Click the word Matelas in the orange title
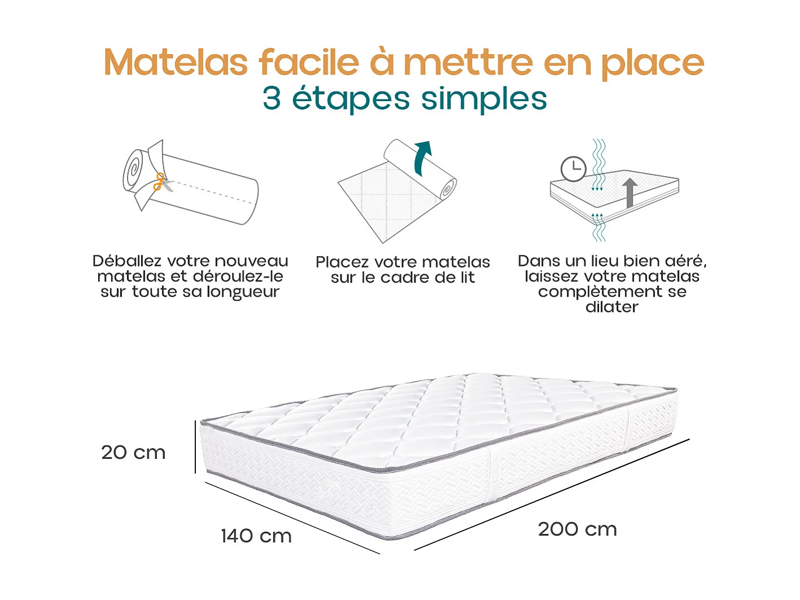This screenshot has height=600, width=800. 176,62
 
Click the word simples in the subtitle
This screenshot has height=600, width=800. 484,99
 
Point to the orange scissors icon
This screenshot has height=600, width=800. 160,181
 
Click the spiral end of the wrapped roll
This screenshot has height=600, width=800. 134,170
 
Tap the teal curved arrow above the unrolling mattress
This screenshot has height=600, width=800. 422,158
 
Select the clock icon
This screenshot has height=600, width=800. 573,168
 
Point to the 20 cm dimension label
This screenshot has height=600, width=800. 133,453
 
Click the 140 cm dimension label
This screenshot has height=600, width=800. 256,536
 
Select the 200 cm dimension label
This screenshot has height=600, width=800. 577,529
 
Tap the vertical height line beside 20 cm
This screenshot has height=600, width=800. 195,446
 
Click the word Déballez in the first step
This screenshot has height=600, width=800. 127,261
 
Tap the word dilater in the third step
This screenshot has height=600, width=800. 612,307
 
